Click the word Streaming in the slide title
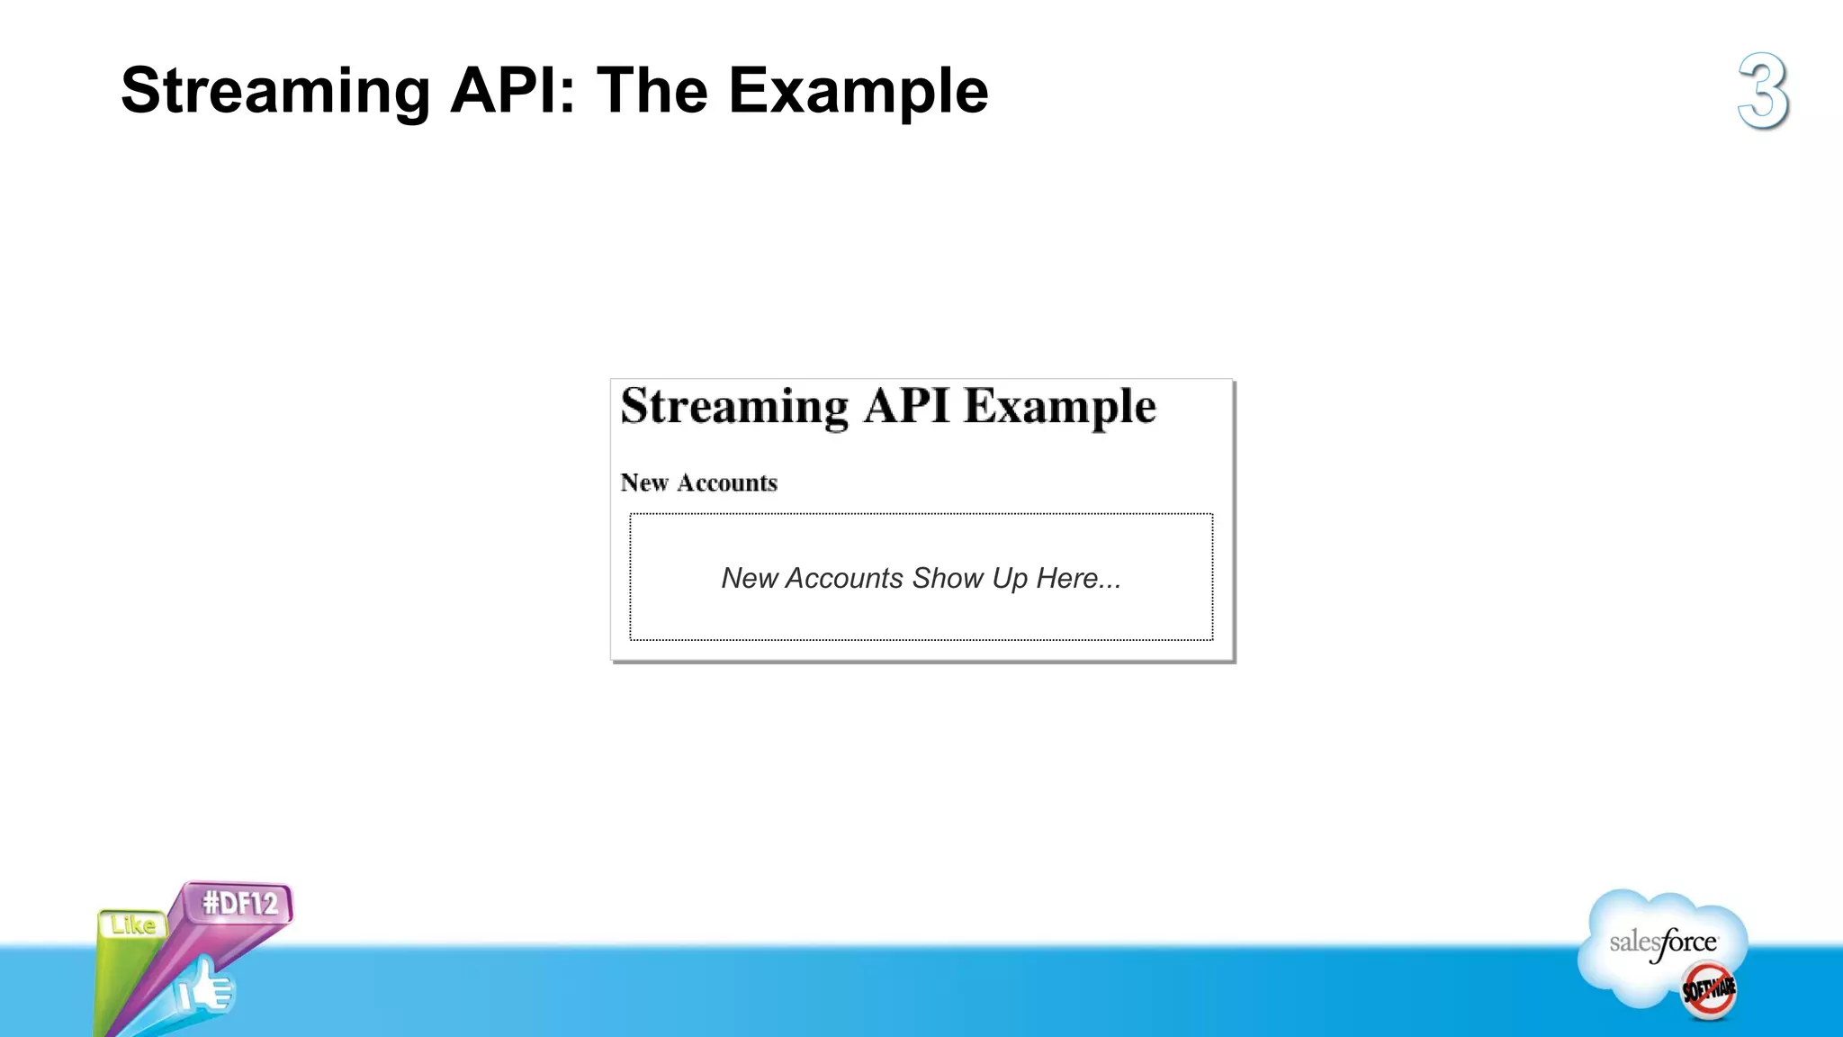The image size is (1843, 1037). pyautogui.click(x=275, y=92)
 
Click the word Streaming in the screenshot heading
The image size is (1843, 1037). pyautogui.click(x=733, y=407)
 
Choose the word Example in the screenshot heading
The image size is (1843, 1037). pyautogui.click(x=1059, y=407)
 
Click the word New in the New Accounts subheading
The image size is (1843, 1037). pyautogui.click(x=644, y=482)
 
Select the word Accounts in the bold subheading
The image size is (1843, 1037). pyautogui.click(x=727, y=482)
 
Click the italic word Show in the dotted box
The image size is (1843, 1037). pyautogui.click(x=947, y=578)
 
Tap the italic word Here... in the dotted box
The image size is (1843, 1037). pyautogui.click(x=1078, y=578)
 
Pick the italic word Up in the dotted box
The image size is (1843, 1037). pyautogui.click(x=1010, y=579)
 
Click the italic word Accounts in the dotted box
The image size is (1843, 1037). pyautogui.click(x=844, y=578)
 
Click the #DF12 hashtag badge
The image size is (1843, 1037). pyautogui.click(x=239, y=903)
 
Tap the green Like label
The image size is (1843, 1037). pyautogui.click(x=133, y=924)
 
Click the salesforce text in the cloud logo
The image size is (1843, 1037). pyautogui.click(x=1663, y=942)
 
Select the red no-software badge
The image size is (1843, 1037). pyautogui.click(x=1709, y=990)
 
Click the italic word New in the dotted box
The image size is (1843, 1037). pyautogui.click(x=749, y=578)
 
